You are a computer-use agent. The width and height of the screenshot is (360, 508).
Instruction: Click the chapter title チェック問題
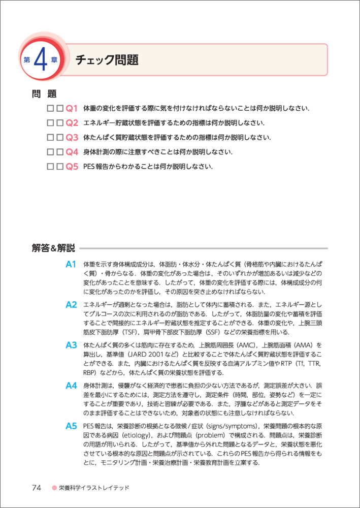click(107, 60)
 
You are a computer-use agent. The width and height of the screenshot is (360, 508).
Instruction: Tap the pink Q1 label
click(72, 108)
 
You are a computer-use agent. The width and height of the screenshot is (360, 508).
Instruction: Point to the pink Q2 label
click(72, 123)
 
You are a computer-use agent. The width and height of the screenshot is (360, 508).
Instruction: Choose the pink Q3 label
click(72, 137)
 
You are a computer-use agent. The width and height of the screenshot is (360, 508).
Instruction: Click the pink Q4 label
click(72, 152)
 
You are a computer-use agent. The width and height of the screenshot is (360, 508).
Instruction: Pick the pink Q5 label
click(72, 167)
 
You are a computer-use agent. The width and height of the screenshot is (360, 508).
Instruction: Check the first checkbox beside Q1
click(50, 108)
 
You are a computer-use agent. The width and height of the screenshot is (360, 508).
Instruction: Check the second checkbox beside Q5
click(60, 167)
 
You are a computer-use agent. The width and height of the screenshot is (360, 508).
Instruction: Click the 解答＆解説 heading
click(53, 248)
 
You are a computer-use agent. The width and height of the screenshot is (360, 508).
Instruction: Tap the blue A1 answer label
click(71, 264)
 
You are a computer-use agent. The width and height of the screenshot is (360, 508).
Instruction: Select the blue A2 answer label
click(71, 305)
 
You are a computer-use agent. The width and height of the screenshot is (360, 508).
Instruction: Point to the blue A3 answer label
click(71, 345)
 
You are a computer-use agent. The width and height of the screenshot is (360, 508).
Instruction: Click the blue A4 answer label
click(71, 386)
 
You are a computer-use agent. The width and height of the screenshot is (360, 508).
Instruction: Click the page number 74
click(36, 488)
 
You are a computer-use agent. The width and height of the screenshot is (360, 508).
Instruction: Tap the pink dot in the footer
click(53, 488)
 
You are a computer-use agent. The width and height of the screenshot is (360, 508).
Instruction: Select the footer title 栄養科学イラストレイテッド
click(94, 488)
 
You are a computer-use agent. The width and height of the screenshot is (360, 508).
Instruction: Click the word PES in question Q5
click(89, 167)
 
